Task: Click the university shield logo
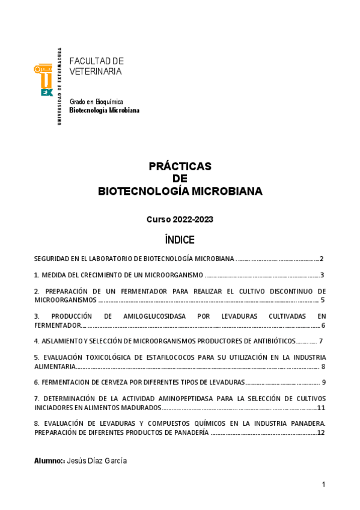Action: tap(46, 81)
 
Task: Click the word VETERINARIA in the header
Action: tap(96, 71)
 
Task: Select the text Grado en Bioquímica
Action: tap(96, 102)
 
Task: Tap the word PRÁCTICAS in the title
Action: tap(180, 166)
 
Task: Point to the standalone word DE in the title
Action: tap(180, 179)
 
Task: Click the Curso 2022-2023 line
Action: tap(180, 220)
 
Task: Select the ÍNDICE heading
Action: tap(180, 240)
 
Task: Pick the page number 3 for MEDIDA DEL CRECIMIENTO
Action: tap(323, 275)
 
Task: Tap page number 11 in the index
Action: tap(321, 407)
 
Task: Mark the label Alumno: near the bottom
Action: tap(49, 460)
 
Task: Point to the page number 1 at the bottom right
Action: tap(323, 484)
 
